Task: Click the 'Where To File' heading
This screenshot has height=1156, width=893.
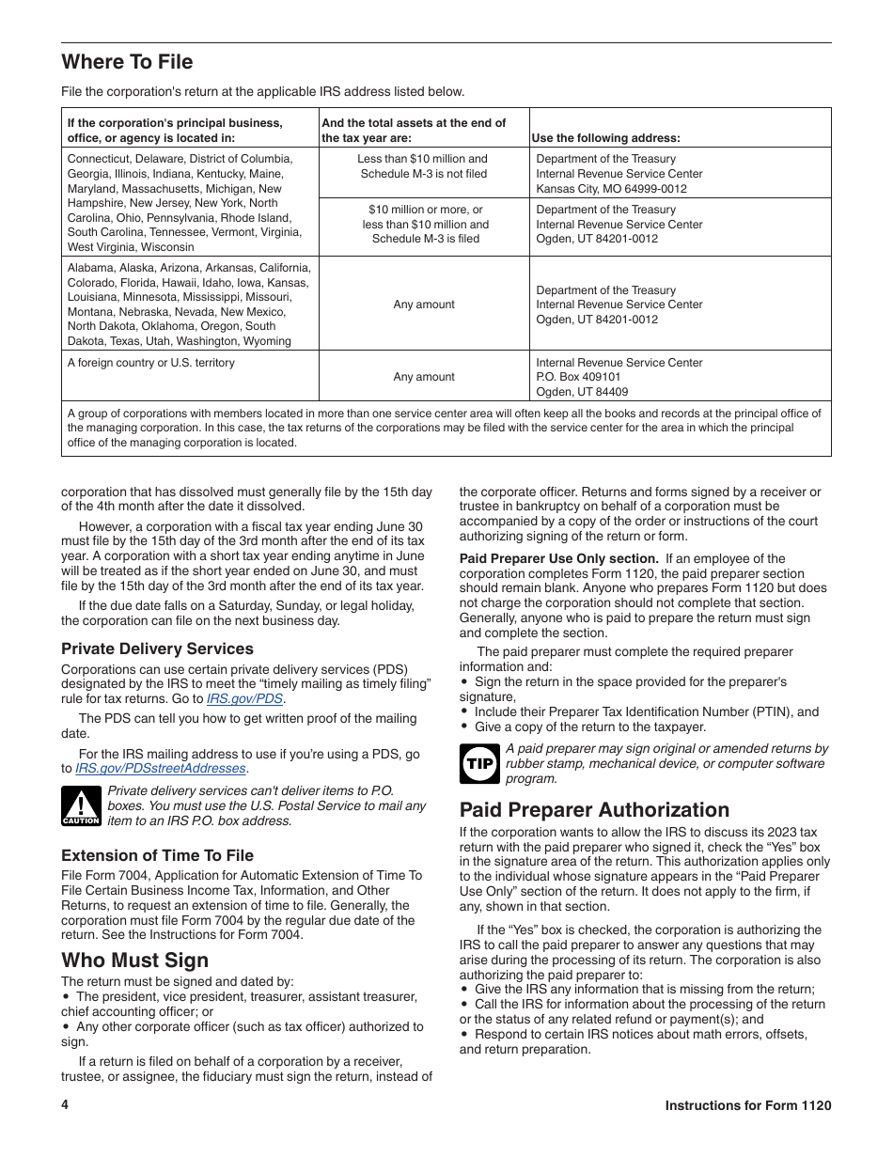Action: [x=127, y=62]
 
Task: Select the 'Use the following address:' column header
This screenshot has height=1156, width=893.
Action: [x=605, y=137]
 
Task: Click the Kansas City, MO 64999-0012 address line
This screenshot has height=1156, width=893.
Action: [x=611, y=188]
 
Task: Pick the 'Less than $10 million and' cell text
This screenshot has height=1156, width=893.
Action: [x=423, y=159]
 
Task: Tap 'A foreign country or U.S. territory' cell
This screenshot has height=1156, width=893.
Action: [x=150, y=363]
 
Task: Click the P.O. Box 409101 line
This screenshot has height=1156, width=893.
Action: [x=578, y=377]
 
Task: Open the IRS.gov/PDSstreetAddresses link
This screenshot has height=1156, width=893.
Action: [x=161, y=769]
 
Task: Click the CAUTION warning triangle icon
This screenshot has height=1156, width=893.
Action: [x=81, y=806]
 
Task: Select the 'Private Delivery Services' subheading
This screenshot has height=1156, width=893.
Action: [x=157, y=648]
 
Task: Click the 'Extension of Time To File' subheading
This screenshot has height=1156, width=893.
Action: [x=157, y=855]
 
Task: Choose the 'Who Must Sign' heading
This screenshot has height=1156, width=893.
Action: [x=134, y=960]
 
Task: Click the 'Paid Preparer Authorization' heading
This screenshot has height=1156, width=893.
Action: [x=594, y=810]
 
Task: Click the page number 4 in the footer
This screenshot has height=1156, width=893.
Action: [x=65, y=1105]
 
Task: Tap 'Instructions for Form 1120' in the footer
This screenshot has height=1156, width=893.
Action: [x=747, y=1106]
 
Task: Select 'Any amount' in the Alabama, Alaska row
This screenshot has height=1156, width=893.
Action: [x=424, y=305]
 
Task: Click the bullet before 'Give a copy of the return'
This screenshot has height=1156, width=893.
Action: [x=464, y=727]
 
